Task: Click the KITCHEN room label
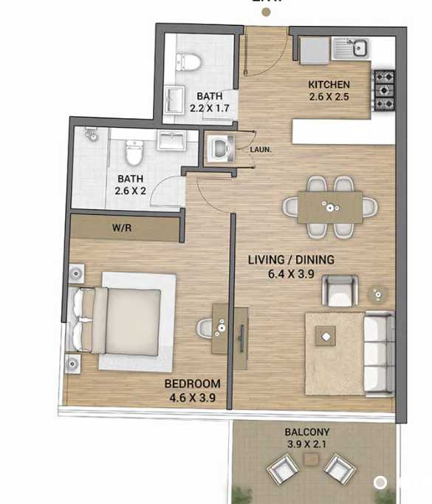(329, 84)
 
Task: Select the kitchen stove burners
(384, 89)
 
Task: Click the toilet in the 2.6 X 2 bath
(134, 154)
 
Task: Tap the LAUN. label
(261, 149)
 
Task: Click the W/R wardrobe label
(121, 229)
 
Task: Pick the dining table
(330, 206)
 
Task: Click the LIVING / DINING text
(290, 259)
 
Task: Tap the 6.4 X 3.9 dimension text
(290, 273)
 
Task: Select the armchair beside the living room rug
(340, 290)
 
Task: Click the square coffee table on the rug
(325, 336)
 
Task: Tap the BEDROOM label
(192, 384)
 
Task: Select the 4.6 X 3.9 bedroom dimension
(192, 397)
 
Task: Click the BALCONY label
(307, 432)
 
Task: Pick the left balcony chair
(281, 468)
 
